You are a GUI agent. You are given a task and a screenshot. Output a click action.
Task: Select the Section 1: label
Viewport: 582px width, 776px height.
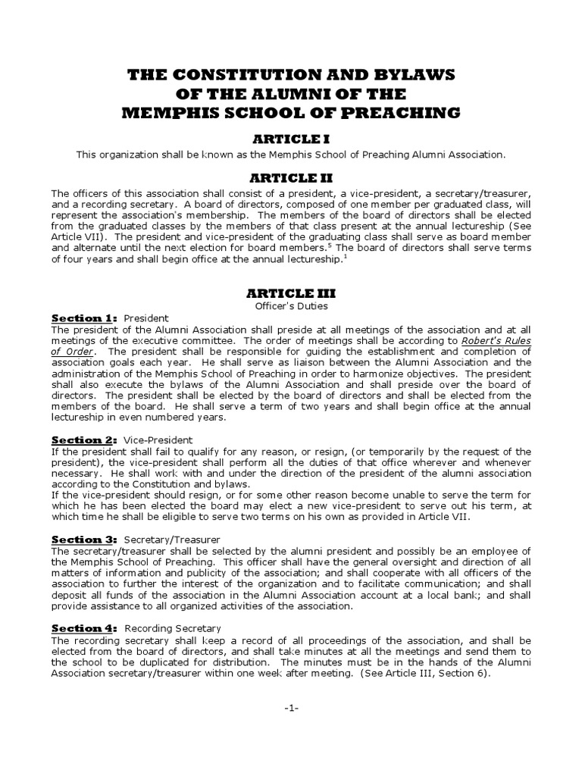point(83,318)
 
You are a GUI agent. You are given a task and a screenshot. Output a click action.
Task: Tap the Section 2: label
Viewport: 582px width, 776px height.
point(84,440)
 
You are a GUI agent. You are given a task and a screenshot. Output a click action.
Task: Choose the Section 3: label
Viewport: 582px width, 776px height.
point(84,540)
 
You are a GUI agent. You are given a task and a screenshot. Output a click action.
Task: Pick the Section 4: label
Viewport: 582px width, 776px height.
point(84,628)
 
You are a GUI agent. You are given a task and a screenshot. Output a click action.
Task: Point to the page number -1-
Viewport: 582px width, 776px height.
point(290,707)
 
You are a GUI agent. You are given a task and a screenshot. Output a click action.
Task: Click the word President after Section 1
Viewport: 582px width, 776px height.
point(145,318)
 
